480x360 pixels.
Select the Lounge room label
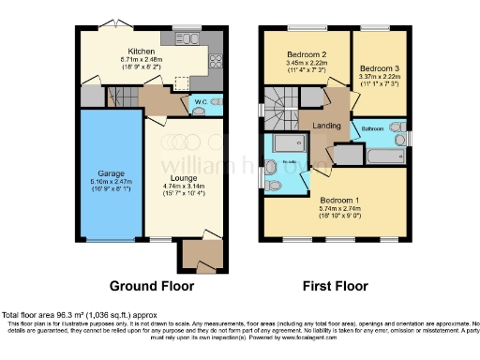[x=183, y=176]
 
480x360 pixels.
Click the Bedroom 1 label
[x=337, y=200]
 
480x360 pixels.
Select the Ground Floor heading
[x=152, y=286]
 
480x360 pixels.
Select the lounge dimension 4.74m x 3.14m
[x=183, y=185]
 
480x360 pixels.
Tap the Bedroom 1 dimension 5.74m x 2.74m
[x=337, y=208]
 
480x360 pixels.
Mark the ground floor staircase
[x=119, y=96]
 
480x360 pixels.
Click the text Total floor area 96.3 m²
[x=56, y=314]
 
